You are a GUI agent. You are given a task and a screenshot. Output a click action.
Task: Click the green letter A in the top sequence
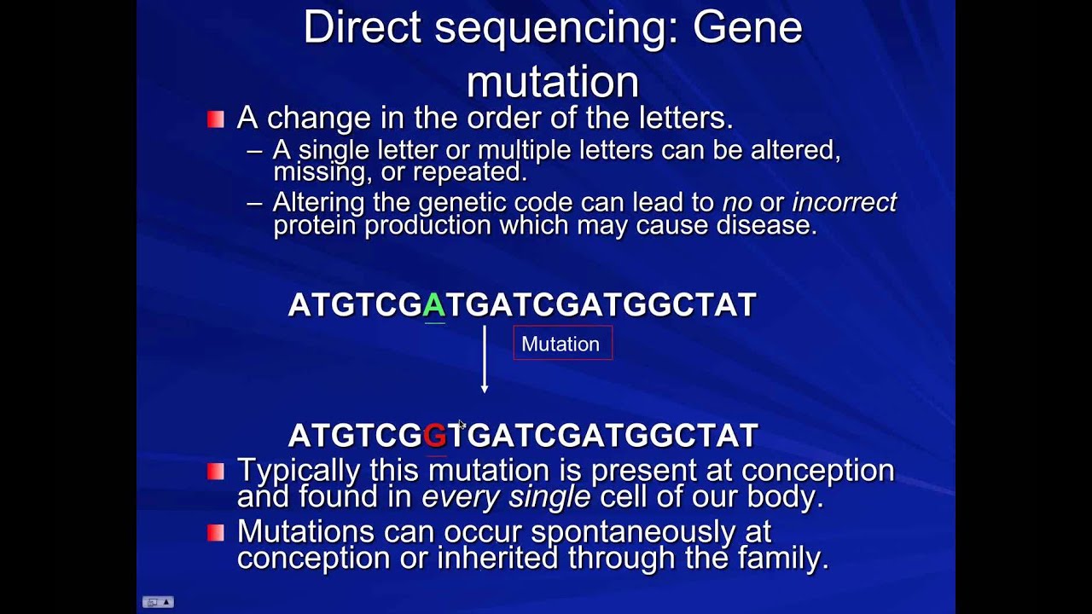(x=434, y=305)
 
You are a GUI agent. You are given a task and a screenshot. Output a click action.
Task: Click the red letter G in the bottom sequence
(x=435, y=435)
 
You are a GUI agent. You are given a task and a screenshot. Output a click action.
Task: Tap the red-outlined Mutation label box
(x=563, y=343)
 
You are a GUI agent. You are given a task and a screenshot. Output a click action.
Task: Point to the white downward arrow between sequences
(x=485, y=359)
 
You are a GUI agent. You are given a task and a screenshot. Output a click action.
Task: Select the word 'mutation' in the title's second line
(x=553, y=83)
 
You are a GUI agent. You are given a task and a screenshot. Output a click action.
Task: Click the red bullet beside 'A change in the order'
(x=216, y=119)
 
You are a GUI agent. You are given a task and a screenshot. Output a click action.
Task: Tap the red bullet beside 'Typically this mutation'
(x=216, y=472)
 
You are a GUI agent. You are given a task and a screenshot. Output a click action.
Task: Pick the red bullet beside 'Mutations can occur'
(x=216, y=533)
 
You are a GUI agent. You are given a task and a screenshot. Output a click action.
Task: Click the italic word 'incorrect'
(x=845, y=202)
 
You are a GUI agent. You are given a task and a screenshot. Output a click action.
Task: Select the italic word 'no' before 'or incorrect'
(x=737, y=204)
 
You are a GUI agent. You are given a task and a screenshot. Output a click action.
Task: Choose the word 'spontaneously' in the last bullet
(x=633, y=533)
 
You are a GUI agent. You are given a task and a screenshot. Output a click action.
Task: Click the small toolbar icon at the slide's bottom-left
(x=158, y=602)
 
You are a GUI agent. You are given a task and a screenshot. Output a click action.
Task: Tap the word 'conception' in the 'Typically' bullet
(x=818, y=472)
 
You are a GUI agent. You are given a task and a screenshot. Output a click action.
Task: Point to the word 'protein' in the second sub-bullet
(x=315, y=226)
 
